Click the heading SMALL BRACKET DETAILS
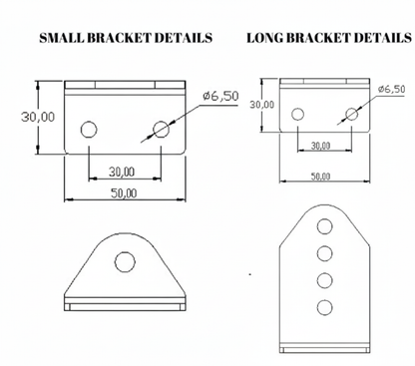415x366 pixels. click(x=125, y=39)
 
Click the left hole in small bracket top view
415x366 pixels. click(x=90, y=129)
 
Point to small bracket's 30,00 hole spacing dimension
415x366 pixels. click(x=125, y=173)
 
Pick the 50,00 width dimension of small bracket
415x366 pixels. click(x=125, y=191)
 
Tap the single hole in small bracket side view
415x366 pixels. click(x=125, y=262)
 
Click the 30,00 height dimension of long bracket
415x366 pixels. click(x=262, y=103)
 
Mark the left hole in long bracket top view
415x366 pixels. click(x=296, y=114)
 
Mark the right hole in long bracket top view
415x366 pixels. click(x=349, y=114)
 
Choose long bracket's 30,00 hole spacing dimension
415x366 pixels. click(x=322, y=146)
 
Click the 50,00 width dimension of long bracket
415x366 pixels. click(x=321, y=176)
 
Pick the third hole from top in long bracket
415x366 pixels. click(x=323, y=279)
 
